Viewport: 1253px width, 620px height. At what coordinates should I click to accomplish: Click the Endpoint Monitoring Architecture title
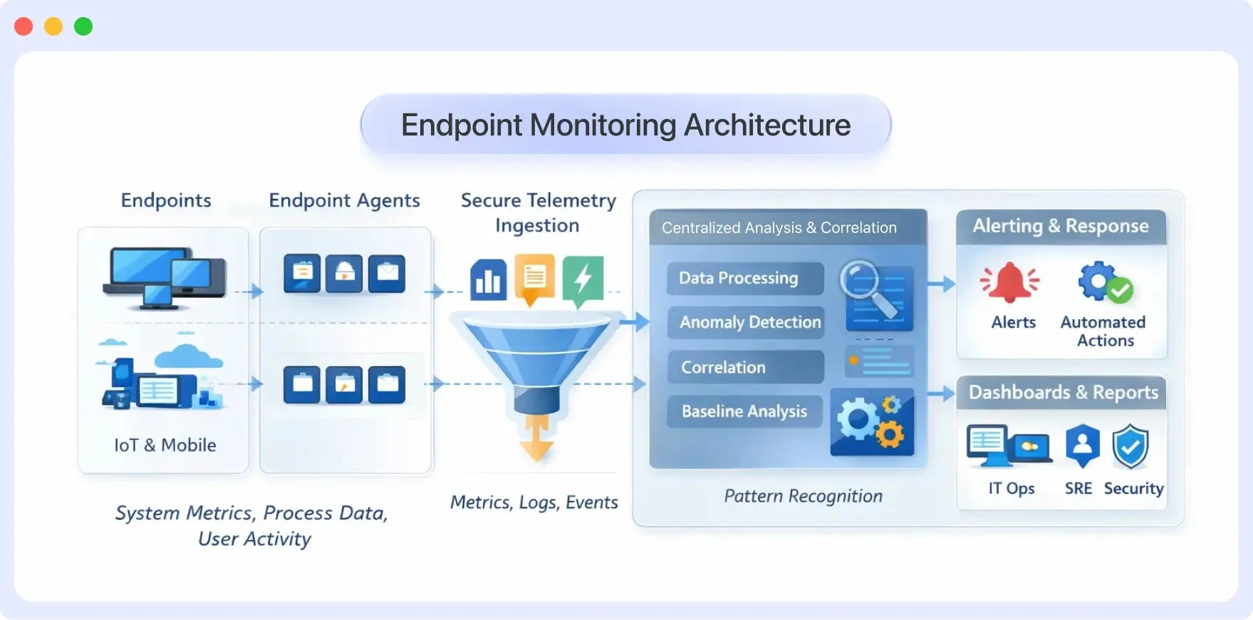[x=625, y=125]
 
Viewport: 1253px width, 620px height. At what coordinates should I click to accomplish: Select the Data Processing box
[x=744, y=278]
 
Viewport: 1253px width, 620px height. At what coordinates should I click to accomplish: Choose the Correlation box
[x=744, y=367]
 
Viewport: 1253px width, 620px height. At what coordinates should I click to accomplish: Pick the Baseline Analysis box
[x=744, y=411]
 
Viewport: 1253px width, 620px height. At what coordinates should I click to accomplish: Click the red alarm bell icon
[x=1009, y=282]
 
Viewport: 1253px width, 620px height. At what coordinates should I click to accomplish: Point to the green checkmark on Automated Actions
[x=1121, y=290]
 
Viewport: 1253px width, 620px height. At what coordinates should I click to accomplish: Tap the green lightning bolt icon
[x=583, y=279]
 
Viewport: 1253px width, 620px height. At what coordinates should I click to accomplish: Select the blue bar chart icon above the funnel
[x=489, y=279]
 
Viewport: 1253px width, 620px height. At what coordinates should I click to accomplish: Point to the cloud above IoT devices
[x=188, y=356]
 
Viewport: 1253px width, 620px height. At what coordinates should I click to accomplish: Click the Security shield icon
[x=1130, y=447]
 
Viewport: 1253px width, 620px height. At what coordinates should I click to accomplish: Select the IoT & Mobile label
[x=165, y=445]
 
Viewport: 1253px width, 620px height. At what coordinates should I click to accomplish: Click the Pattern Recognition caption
[x=803, y=496]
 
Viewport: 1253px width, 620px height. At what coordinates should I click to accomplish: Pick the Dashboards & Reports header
[x=1063, y=393]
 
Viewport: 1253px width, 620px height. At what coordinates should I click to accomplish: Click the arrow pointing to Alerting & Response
[x=942, y=284]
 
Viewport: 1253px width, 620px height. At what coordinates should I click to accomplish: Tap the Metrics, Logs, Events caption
[x=534, y=502]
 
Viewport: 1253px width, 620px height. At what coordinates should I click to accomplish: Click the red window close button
[x=24, y=26]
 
